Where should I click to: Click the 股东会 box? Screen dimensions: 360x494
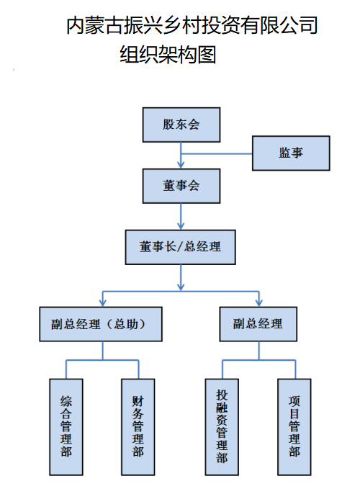[x=181, y=125]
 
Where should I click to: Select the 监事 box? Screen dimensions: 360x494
[x=291, y=153]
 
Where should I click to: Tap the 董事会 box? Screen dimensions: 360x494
[x=181, y=186]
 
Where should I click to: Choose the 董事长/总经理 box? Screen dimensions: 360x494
[x=180, y=247]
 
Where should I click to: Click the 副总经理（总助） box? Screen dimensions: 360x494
[x=101, y=324]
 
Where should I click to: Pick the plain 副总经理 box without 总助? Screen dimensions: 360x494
[x=258, y=324]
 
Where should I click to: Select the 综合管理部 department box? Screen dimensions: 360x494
[x=66, y=427]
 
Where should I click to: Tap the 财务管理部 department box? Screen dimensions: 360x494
[x=138, y=427]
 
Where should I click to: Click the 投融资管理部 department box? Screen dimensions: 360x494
[x=222, y=427]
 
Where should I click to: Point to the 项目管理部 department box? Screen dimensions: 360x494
[x=294, y=427]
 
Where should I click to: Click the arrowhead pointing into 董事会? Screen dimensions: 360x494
[x=181, y=165]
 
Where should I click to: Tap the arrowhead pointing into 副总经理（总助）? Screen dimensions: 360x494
[x=103, y=303]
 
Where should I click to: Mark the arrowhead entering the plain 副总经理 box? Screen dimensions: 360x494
[x=259, y=303]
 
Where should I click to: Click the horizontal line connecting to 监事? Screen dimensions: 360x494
[x=217, y=154]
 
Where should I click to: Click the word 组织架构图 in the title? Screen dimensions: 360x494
[x=168, y=55]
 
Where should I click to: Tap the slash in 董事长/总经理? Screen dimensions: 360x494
[x=180, y=247]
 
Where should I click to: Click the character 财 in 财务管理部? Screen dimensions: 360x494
[x=138, y=401]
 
